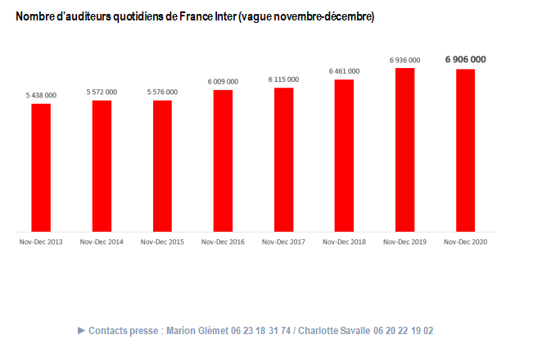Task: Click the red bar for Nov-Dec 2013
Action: point(41,168)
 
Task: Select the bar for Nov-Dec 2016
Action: point(223,161)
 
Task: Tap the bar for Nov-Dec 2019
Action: point(405,150)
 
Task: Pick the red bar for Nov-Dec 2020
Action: point(465,151)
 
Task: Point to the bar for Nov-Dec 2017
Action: point(283,160)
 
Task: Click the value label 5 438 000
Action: point(41,96)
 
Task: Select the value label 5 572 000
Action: point(102,92)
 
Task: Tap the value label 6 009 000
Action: point(223,81)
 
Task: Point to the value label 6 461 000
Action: point(344,71)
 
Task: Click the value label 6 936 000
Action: point(405,60)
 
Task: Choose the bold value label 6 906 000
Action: point(465,59)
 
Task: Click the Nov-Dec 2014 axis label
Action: point(102,242)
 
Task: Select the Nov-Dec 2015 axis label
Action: point(162,242)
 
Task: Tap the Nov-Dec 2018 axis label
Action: point(344,242)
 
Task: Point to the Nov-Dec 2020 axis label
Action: point(465,242)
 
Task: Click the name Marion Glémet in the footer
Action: point(197,330)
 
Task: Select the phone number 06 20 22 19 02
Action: point(403,330)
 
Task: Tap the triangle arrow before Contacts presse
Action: point(81,330)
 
